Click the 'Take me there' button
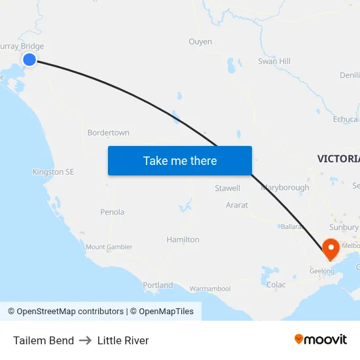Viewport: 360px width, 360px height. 180,160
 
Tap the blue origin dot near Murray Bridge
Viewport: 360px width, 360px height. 29,60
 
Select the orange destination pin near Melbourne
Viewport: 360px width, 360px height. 330,249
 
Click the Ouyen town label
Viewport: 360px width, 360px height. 200,41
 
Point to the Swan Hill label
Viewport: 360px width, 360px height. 274,61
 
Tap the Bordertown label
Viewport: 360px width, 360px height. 108,132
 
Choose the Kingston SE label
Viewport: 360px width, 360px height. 53,172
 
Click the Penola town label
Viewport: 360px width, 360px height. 112,212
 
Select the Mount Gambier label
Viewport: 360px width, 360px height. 109,247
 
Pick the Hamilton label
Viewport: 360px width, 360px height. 183,240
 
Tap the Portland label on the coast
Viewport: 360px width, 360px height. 158,285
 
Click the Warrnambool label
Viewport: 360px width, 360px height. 210,289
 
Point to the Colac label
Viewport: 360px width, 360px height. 276,285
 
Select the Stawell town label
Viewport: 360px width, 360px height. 227,189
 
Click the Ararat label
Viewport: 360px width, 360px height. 237,205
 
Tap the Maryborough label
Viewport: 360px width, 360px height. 285,187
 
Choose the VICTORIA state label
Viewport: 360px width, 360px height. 338,159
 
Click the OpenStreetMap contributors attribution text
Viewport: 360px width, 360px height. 70,312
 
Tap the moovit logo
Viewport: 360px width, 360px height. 321,340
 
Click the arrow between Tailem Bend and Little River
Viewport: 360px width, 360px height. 86,340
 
